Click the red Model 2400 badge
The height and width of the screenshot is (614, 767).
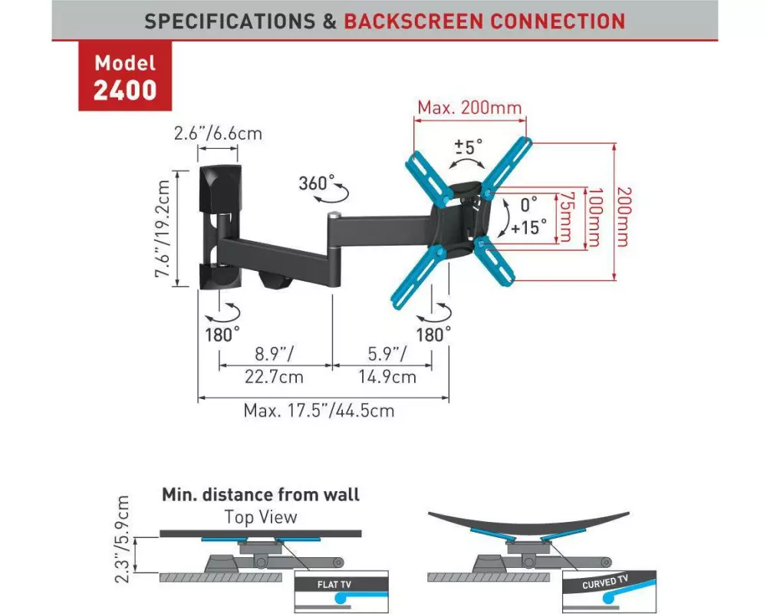point(125,77)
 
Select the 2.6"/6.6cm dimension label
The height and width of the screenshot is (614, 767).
point(218,133)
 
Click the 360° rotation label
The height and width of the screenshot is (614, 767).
point(318,184)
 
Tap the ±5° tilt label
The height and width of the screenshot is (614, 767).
point(469,145)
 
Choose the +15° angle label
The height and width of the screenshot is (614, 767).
point(530,227)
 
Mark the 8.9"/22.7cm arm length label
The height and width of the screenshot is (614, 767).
point(275,366)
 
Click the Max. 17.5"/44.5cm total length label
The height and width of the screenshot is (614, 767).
point(319,411)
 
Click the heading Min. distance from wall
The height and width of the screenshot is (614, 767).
point(261,495)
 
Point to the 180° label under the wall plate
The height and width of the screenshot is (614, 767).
point(222,335)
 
